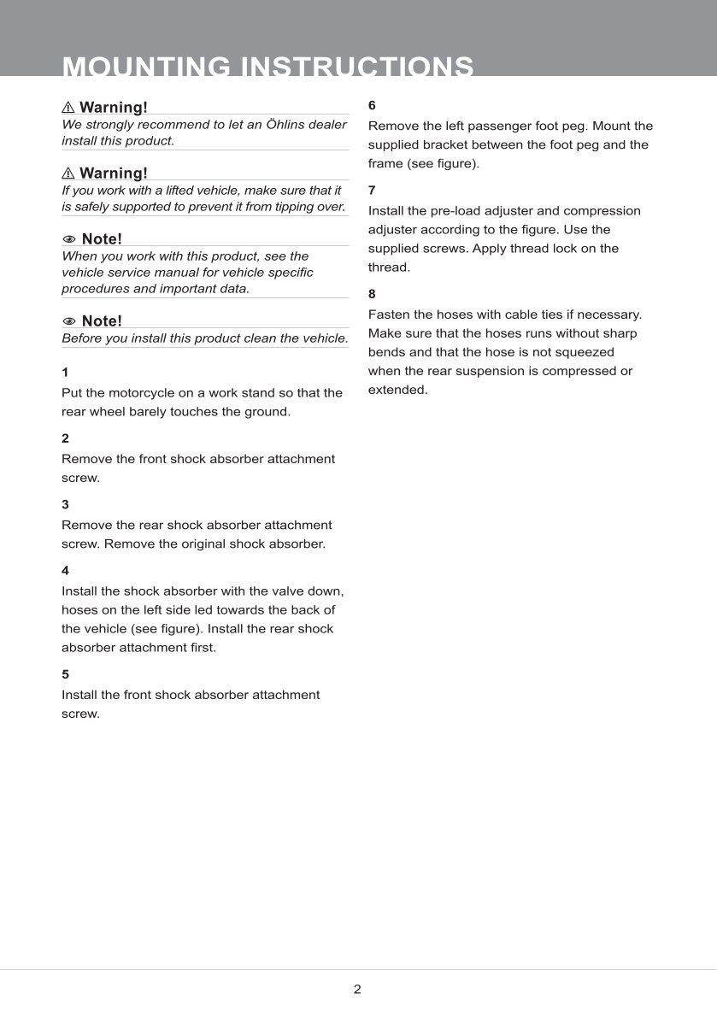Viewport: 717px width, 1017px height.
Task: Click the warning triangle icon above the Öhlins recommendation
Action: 68,108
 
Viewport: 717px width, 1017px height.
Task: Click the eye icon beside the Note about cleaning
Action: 69,321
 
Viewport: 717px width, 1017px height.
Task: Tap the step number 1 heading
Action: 65,373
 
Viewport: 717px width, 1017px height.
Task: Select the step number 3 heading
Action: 65,504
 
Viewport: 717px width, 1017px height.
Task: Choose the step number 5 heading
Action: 65,674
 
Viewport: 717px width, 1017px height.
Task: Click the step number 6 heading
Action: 372,106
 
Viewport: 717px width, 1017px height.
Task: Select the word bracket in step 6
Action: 442,144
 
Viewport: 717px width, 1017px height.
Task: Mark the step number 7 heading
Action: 372,190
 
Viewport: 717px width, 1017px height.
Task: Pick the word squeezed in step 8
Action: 585,352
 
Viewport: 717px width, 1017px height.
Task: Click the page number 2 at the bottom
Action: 357,990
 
